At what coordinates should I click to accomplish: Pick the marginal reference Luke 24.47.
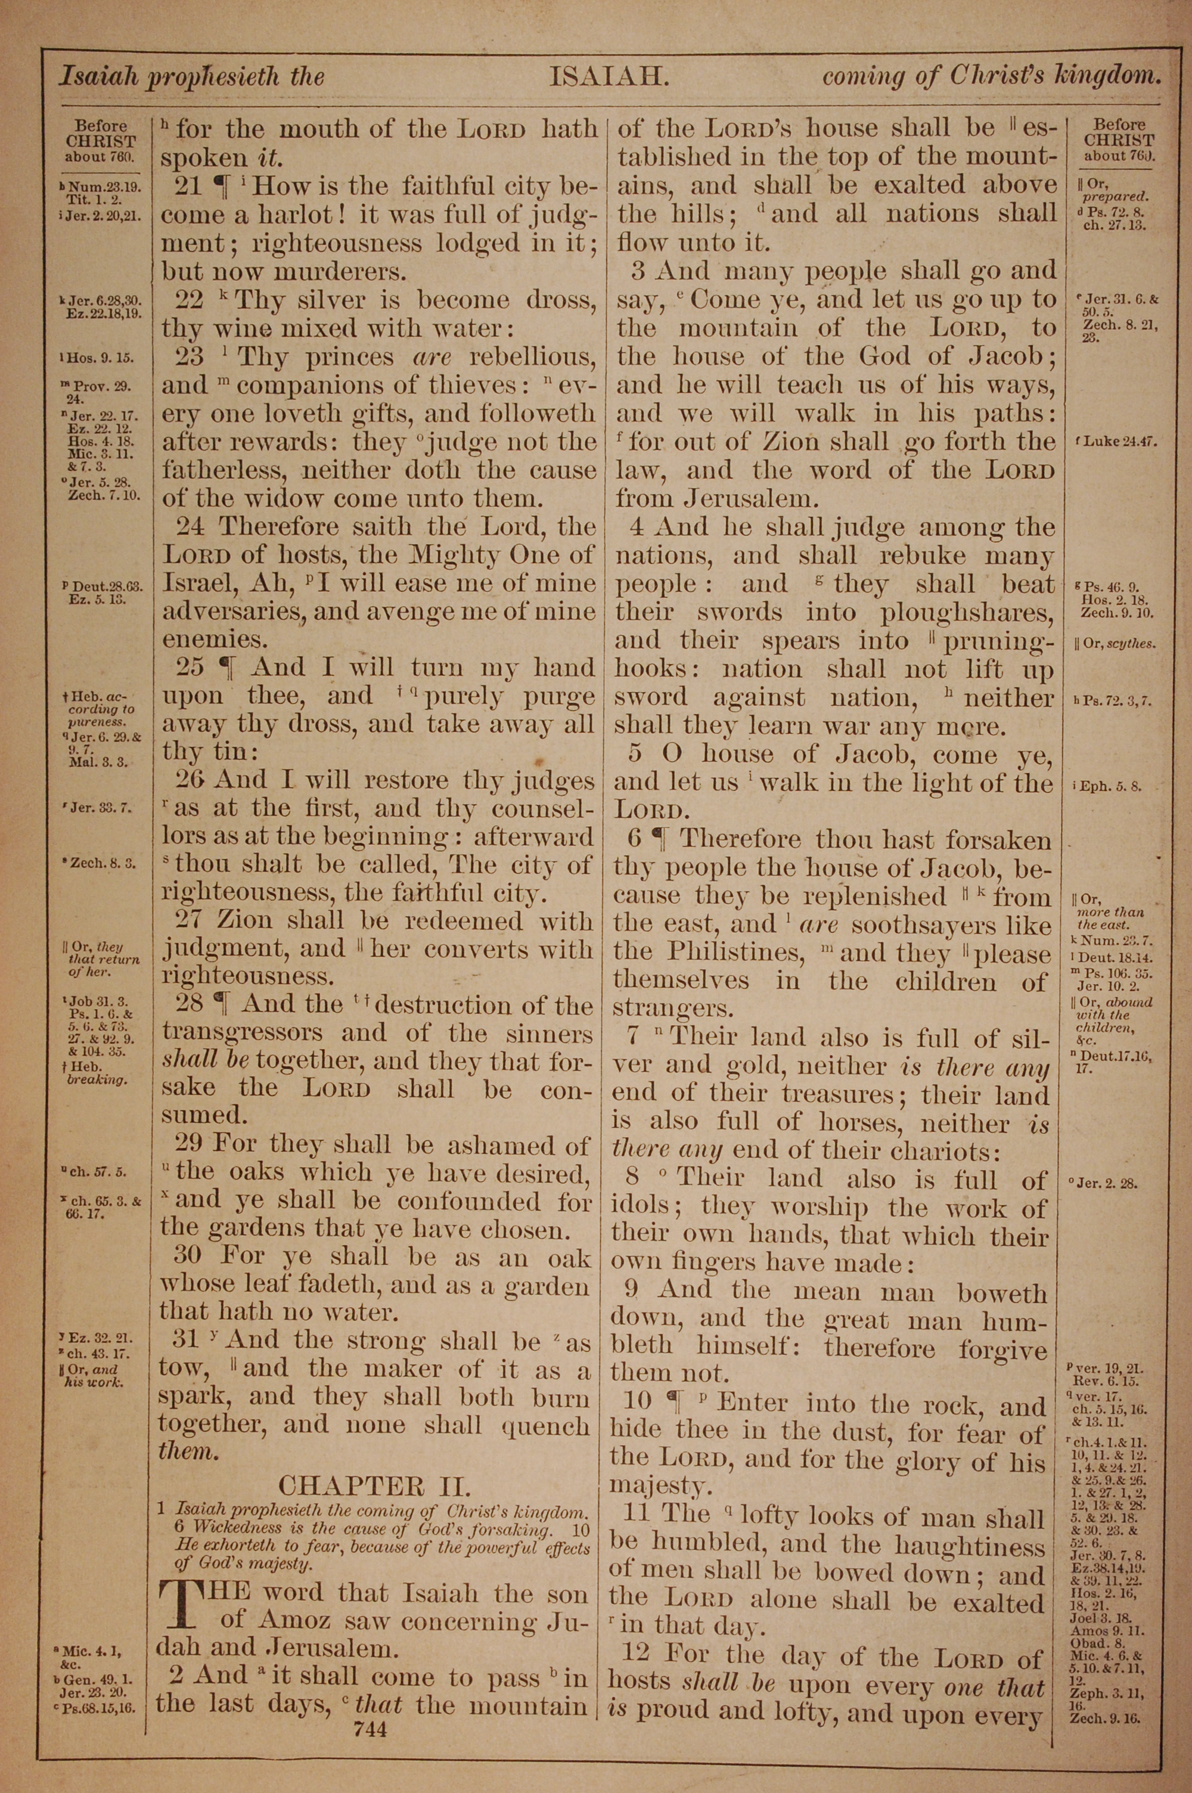coord(1118,442)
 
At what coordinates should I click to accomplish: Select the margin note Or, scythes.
coord(1115,644)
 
